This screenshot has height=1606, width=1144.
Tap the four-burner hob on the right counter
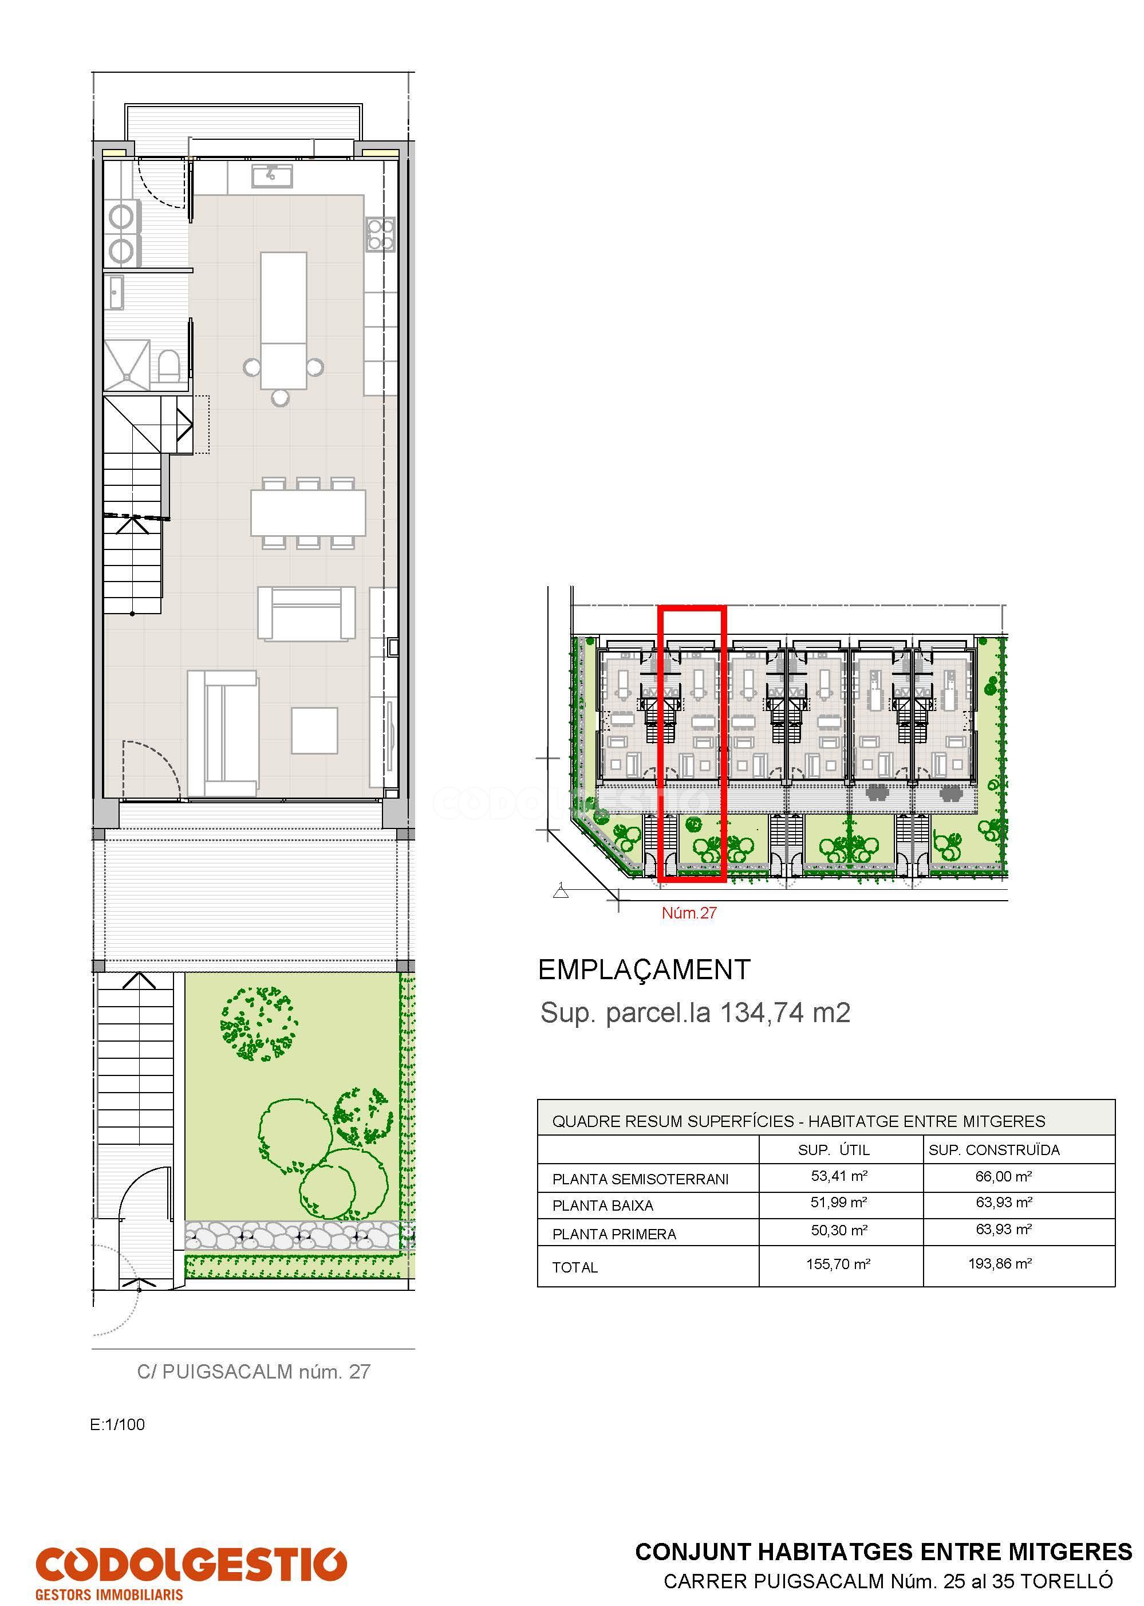point(380,234)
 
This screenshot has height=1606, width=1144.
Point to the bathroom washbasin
point(115,292)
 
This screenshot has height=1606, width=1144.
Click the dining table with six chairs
point(308,512)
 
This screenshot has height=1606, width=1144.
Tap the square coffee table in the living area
point(315,730)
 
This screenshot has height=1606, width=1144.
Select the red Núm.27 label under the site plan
point(688,913)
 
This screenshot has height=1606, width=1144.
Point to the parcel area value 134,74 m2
point(785,1012)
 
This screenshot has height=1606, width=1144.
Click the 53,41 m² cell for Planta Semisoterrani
point(838,1176)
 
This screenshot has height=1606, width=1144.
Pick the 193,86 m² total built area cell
point(1000,1263)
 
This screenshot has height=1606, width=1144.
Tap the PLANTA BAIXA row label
point(602,1206)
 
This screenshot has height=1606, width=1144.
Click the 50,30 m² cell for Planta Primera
point(838,1230)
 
